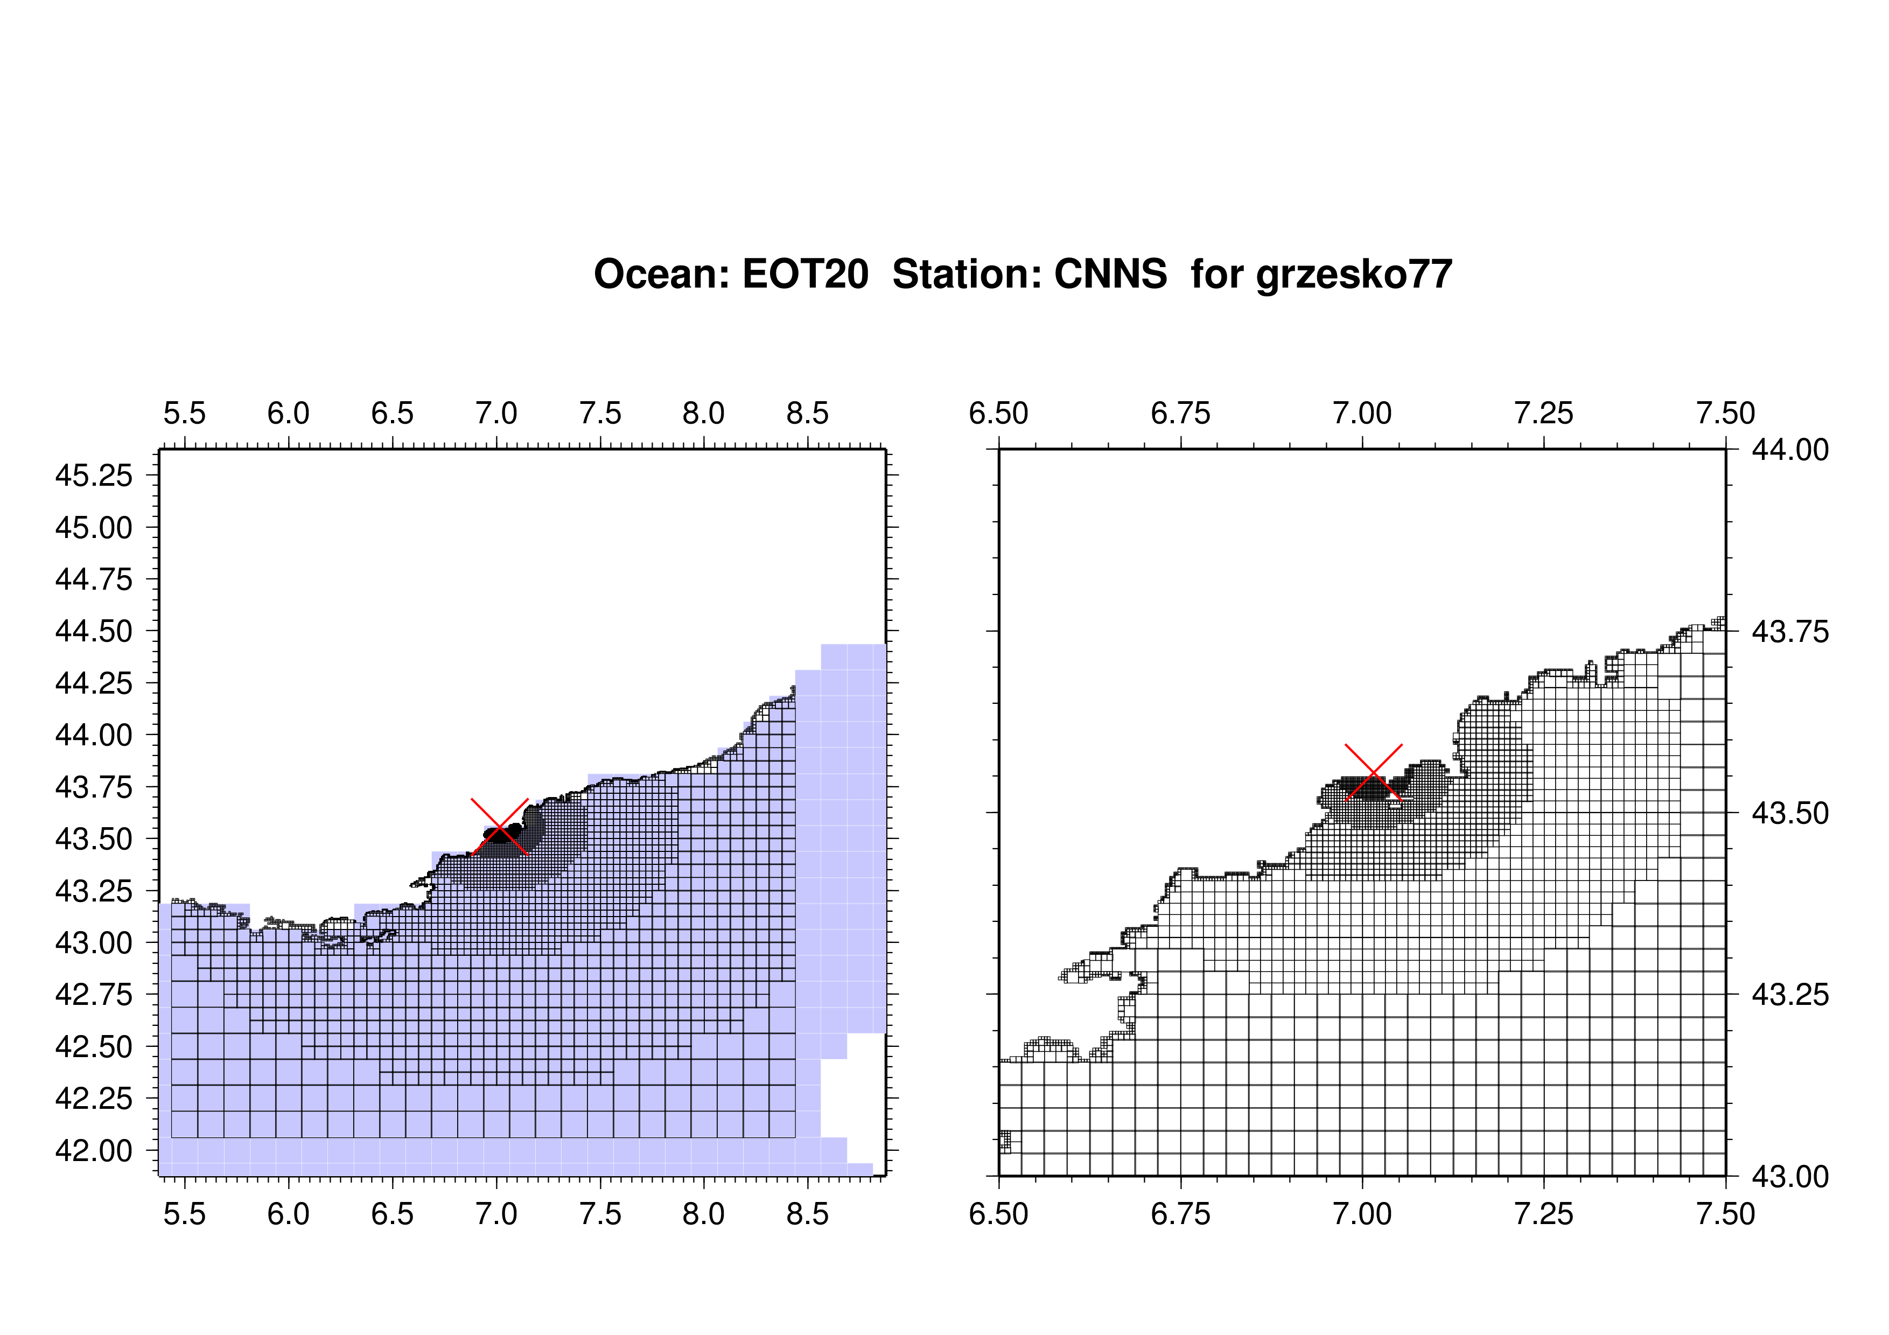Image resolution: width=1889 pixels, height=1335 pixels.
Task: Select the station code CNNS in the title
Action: coord(1111,274)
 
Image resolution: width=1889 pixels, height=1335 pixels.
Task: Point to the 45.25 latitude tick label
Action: coord(94,476)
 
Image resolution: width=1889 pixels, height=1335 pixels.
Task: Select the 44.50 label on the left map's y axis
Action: coord(94,632)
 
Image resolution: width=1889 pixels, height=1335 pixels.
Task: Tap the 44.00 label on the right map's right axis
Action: coord(1790,450)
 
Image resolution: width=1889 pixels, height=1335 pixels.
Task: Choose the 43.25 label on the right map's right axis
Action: coord(1790,995)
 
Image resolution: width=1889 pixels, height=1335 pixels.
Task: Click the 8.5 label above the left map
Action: coord(808,413)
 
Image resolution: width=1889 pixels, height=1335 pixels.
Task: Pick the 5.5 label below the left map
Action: coord(184,1214)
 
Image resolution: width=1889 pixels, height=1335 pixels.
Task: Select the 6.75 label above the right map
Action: coord(1180,413)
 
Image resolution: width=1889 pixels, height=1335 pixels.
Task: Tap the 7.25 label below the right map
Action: coord(1543,1214)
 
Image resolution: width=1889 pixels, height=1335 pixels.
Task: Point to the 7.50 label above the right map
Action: coord(1725,413)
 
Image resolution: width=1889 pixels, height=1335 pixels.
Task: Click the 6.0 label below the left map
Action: coord(289,1214)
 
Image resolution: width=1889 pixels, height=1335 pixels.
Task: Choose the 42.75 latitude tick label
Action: coord(94,995)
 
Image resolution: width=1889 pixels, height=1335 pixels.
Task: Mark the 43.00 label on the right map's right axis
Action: coord(1790,1177)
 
